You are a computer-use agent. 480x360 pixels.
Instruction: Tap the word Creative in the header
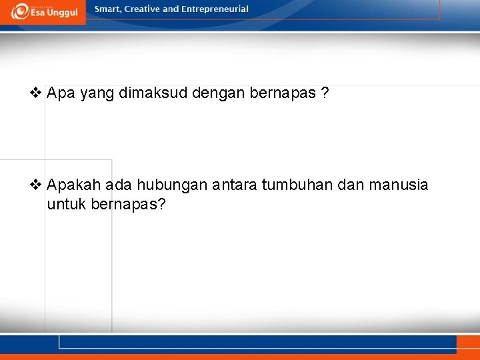pos(142,9)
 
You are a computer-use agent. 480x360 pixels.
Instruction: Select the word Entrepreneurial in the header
pos(215,9)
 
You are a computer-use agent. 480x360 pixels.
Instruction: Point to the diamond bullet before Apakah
pos(36,185)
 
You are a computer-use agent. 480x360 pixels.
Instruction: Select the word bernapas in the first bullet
pos(283,93)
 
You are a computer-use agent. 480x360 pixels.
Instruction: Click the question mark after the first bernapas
pos(324,93)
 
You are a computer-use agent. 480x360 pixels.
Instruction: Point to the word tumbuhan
pos(296,185)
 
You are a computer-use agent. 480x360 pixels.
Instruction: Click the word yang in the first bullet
pos(97,93)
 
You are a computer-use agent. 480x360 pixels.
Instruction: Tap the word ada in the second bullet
pos(115,185)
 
